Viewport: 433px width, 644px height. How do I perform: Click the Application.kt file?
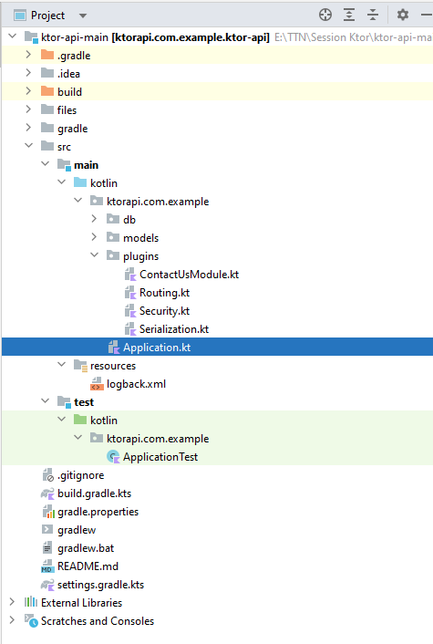pos(157,348)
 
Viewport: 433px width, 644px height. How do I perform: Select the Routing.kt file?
pos(164,293)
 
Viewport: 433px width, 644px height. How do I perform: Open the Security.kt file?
pos(164,311)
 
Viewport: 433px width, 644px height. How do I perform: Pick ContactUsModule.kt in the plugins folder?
pos(189,275)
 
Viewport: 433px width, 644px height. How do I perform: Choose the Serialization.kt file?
pos(174,329)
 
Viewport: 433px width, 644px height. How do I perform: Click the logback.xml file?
pos(136,384)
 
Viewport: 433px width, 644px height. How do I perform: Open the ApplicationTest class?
pos(160,457)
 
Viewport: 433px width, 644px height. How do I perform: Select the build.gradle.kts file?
pos(95,493)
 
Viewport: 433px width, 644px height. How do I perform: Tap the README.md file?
pos(88,566)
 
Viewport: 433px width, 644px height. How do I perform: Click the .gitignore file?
pos(81,475)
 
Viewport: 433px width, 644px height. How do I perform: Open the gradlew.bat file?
pos(86,548)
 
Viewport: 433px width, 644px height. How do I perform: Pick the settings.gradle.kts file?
pos(100,585)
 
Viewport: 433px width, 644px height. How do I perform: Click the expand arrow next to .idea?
pos(28,73)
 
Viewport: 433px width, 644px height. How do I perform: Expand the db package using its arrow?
pos(94,219)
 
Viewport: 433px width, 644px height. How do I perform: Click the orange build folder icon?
pos(47,91)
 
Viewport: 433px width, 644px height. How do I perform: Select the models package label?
pos(140,238)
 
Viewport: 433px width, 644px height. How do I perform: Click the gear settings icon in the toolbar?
pos(403,15)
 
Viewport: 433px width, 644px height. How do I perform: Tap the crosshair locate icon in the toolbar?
pos(325,15)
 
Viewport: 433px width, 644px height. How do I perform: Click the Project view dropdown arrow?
pos(83,16)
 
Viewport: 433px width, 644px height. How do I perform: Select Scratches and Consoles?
pos(98,621)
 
